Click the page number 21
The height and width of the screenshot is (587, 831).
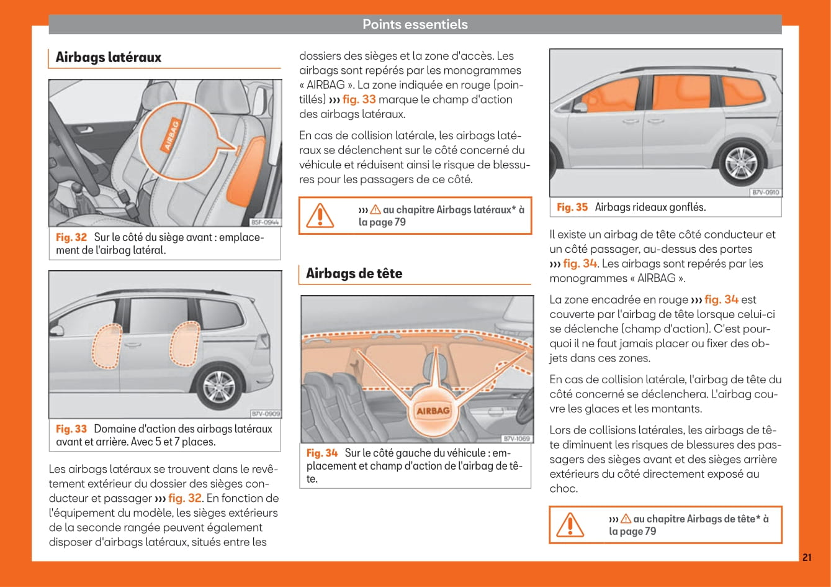tap(806, 557)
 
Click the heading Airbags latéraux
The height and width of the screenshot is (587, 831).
tap(108, 57)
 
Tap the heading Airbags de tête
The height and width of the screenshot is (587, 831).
tap(354, 273)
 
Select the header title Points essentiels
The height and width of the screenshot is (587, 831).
tap(415, 24)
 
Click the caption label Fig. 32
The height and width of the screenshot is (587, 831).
tap(71, 237)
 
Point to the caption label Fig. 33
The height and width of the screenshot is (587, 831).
tap(71, 429)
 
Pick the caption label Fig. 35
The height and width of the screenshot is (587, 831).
tap(572, 207)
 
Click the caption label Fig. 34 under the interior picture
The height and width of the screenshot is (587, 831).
tap(322, 453)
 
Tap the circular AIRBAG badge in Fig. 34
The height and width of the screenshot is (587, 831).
tap(433, 411)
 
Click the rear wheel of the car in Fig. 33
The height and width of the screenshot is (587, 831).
tap(218, 388)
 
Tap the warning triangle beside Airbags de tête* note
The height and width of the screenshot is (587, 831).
tap(570, 525)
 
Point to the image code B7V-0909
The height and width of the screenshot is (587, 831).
tap(265, 413)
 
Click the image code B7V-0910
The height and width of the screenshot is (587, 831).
tap(766, 193)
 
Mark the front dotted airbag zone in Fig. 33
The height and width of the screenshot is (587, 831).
tap(106, 347)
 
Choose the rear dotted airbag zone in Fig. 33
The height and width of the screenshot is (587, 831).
tap(184, 343)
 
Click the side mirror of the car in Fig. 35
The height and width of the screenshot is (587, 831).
tap(580, 107)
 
